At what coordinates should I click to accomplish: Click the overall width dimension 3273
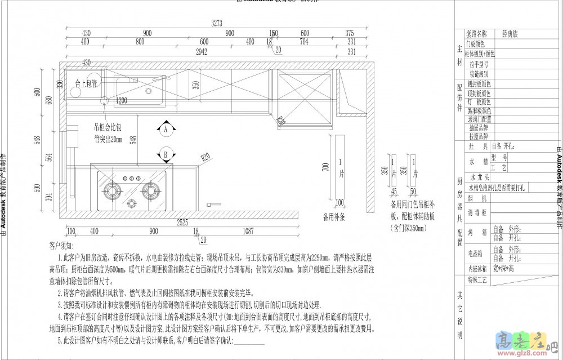click(217, 23)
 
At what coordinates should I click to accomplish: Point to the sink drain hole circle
click(105, 101)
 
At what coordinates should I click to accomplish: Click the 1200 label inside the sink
click(122, 101)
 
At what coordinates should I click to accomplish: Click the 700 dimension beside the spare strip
click(325, 167)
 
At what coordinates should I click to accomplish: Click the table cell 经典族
click(511, 34)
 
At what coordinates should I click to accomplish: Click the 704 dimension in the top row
click(303, 42)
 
